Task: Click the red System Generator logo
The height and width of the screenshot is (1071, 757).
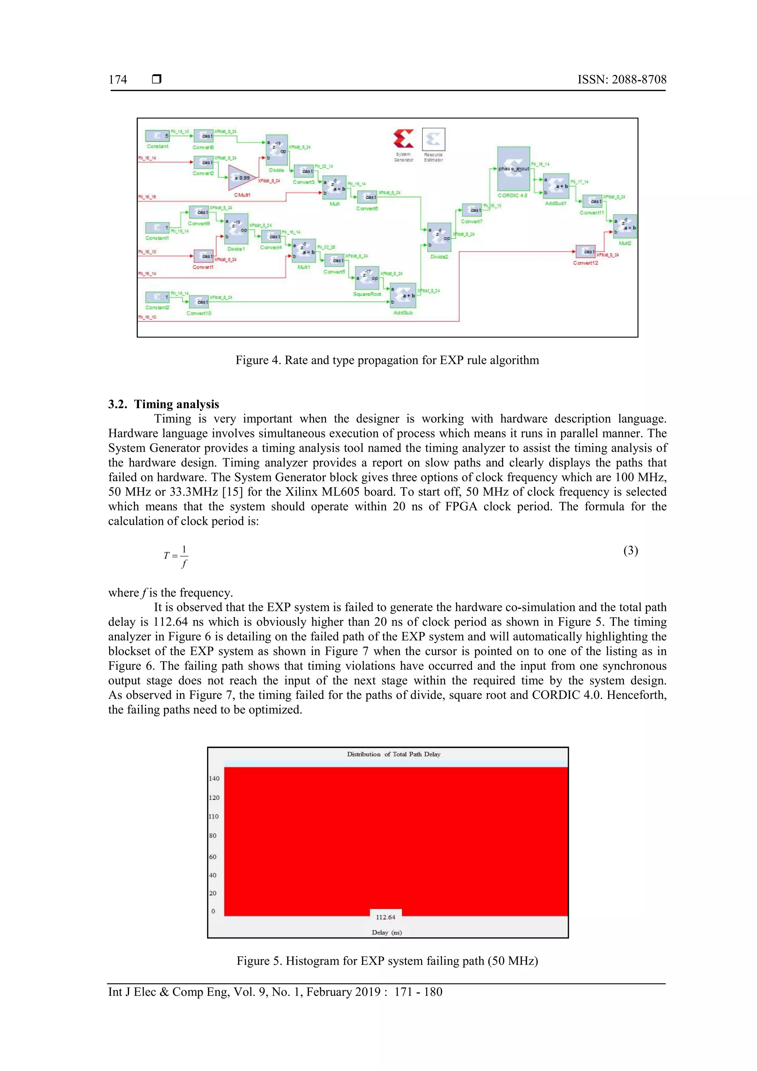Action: pos(403,139)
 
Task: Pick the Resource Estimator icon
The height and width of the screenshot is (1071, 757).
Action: pos(434,139)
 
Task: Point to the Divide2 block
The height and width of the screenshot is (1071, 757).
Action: pos(439,237)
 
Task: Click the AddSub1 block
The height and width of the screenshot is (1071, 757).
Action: pos(556,186)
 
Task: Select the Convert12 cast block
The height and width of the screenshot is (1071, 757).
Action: pos(585,251)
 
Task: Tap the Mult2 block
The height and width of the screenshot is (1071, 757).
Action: pos(625,226)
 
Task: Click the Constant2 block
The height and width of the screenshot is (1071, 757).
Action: pos(157,297)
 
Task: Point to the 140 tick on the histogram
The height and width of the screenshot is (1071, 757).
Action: pos(214,778)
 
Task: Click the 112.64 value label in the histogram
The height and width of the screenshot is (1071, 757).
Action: pos(386,917)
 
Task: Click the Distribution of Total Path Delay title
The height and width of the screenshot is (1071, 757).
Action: pos(393,754)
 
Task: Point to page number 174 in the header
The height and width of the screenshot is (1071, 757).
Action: pos(118,80)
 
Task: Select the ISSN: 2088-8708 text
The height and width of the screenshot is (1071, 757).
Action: pos(622,80)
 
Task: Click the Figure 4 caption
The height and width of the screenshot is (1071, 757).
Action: pos(387,360)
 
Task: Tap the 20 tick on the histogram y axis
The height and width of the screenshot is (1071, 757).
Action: pos(213,893)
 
